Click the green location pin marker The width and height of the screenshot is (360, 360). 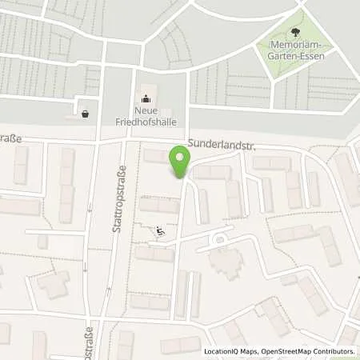point(180,164)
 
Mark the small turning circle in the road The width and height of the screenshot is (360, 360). point(218,238)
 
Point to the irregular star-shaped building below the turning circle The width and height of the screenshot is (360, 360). point(226,261)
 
